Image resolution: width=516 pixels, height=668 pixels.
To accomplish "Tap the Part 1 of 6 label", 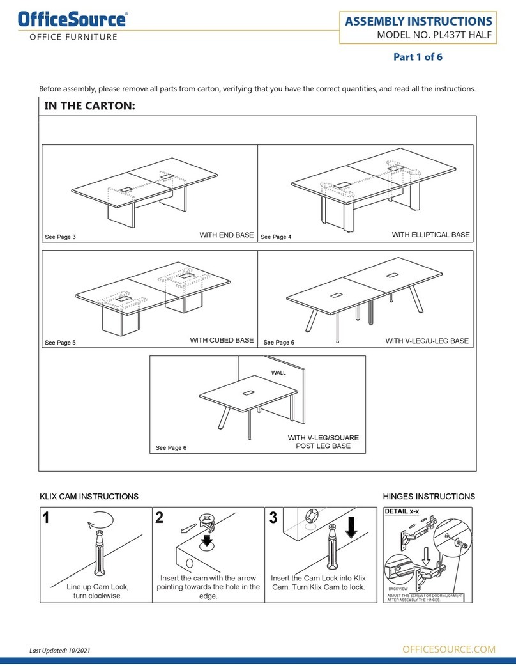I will click(x=417, y=57).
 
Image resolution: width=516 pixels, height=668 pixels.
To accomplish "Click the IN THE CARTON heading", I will click(x=89, y=106).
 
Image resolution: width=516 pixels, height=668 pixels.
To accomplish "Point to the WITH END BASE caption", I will click(x=226, y=236).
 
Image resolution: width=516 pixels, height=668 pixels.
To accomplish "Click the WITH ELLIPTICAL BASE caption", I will click(x=430, y=235).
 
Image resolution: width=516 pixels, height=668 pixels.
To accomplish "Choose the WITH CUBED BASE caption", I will click(x=222, y=340).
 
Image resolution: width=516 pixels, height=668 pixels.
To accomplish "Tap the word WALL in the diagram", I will click(x=278, y=371).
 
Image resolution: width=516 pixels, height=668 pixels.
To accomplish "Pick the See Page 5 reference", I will click(x=60, y=343).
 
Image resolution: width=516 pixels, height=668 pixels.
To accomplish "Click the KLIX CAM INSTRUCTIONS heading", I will click(x=89, y=496).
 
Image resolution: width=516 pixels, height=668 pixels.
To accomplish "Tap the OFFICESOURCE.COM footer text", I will click(x=449, y=649).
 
